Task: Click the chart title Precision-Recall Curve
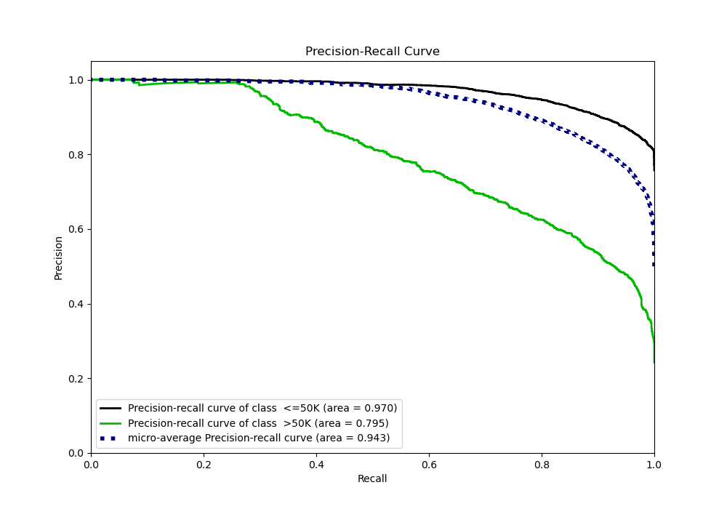[372, 52]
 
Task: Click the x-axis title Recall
[372, 478]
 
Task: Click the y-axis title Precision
[59, 257]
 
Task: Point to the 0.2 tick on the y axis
[76, 379]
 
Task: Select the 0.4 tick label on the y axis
[76, 304]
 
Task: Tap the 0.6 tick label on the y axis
[76, 229]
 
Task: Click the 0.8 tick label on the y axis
[76, 155]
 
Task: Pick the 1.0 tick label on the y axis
[76, 80]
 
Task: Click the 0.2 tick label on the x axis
[204, 464]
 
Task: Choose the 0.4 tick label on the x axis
[316, 464]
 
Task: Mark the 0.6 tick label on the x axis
[429, 464]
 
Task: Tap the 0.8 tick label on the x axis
[542, 464]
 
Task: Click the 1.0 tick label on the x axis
[654, 464]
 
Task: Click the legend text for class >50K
[258, 423]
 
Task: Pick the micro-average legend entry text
[259, 438]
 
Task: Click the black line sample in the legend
[111, 409]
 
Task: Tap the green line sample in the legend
[111, 423]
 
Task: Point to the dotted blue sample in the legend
[111, 438]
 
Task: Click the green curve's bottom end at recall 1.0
[654, 361]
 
